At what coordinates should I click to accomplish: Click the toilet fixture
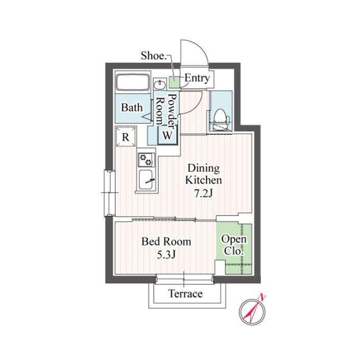point(221,119)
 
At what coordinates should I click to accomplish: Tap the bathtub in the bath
point(132,82)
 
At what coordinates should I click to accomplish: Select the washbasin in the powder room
point(159,84)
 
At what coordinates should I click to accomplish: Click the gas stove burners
point(147,159)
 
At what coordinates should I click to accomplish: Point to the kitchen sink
point(146,180)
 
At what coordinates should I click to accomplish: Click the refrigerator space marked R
point(126,137)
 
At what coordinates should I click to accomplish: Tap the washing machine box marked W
point(167,135)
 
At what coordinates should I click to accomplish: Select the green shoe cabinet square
point(174,82)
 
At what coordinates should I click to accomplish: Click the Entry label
point(197,78)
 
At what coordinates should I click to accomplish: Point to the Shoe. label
point(154,56)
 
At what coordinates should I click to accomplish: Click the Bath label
point(132,108)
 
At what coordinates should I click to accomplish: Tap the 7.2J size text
point(203,194)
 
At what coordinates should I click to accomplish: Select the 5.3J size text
point(166,255)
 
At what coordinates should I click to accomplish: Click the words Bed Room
point(166,242)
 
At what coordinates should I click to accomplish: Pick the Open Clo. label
point(234,245)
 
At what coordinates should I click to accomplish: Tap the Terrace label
point(186,294)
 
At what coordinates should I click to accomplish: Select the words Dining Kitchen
point(203,174)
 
